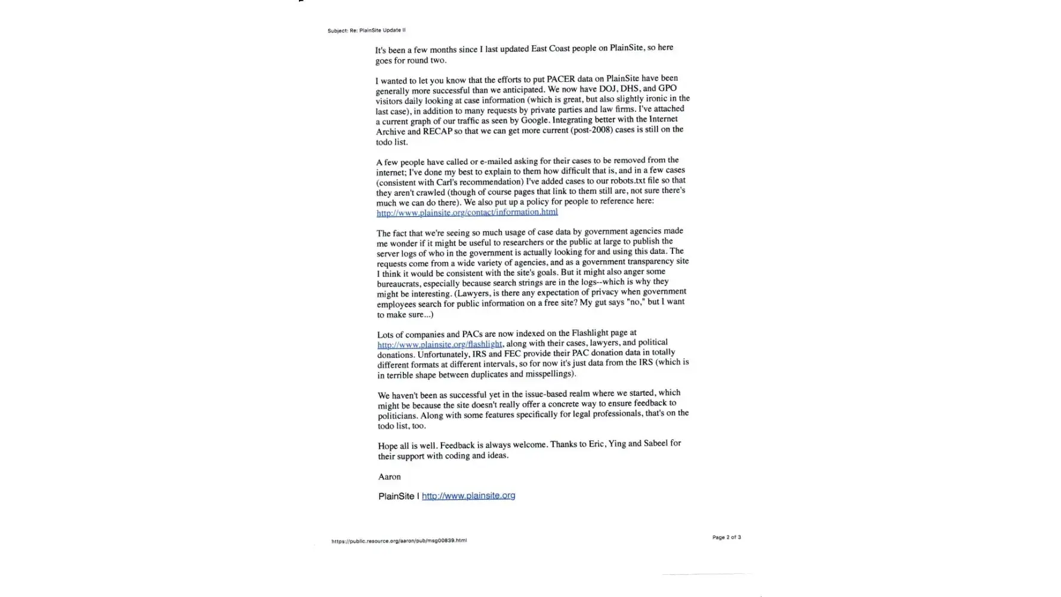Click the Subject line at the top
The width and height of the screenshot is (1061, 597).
click(366, 30)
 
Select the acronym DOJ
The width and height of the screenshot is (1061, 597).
click(608, 89)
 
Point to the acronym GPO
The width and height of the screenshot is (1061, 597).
click(667, 88)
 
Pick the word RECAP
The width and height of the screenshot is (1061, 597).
click(437, 131)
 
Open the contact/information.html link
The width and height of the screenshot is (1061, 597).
click(467, 213)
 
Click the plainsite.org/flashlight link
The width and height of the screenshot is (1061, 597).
click(439, 344)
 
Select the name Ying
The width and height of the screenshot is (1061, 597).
click(617, 444)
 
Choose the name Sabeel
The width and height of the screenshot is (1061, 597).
click(655, 444)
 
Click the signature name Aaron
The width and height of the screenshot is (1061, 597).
click(389, 476)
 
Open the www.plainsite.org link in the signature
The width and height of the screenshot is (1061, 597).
click(468, 496)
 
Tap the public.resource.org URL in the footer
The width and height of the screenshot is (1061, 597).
click(399, 541)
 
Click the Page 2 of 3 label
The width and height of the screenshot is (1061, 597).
click(726, 537)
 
